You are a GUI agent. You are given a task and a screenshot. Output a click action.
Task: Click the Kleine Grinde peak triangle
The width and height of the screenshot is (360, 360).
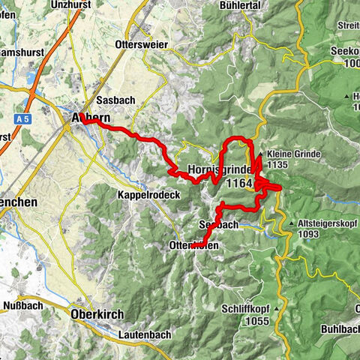[x=260, y=155]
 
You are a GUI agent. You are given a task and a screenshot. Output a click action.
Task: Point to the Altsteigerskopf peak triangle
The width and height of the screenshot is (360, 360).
[x=291, y=223]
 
